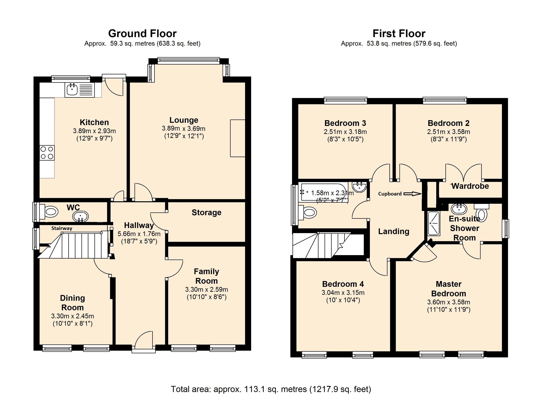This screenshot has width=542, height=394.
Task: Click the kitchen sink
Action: [x=79, y=90]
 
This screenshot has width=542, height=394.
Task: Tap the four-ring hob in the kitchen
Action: [x=47, y=153]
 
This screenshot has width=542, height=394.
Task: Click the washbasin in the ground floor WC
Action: [x=80, y=216]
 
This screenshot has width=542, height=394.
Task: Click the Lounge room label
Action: [x=184, y=120]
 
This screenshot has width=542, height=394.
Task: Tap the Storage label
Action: [x=206, y=213]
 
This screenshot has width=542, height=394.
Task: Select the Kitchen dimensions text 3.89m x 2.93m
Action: [x=94, y=131]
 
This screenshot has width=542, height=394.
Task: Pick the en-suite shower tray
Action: [x=434, y=223]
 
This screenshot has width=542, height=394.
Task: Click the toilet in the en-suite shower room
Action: [x=482, y=213]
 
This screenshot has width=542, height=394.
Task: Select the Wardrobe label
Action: [x=470, y=186]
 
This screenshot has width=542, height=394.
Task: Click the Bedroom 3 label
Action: [x=345, y=123]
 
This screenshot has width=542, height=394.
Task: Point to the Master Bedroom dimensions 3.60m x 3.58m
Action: [x=448, y=302]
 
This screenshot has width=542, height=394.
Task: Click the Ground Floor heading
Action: [x=142, y=33]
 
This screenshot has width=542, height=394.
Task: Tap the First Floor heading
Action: [x=399, y=33]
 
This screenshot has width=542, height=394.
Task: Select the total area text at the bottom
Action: [x=271, y=389]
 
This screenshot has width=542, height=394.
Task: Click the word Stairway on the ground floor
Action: [x=62, y=228]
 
